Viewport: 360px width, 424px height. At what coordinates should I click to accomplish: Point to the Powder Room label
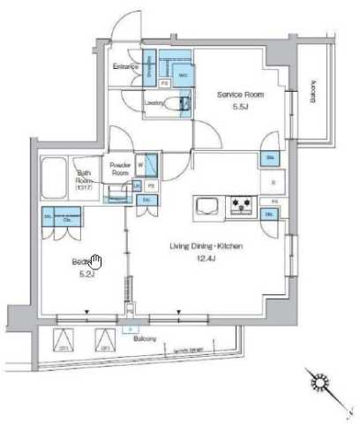pyautogui.click(x=121, y=168)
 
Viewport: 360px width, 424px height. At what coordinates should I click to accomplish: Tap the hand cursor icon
pyautogui.click(x=97, y=261)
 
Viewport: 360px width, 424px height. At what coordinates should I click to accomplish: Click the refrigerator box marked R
pyautogui.click(x=272, y=183)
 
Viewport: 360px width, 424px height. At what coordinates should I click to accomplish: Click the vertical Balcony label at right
pyautogui.click(x=313, y=92)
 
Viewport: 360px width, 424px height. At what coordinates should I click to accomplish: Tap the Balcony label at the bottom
pyautogui.click(x=132, y=338)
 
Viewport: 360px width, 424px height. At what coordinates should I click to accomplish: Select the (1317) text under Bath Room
pyautogui.click(x=85, y=187)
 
